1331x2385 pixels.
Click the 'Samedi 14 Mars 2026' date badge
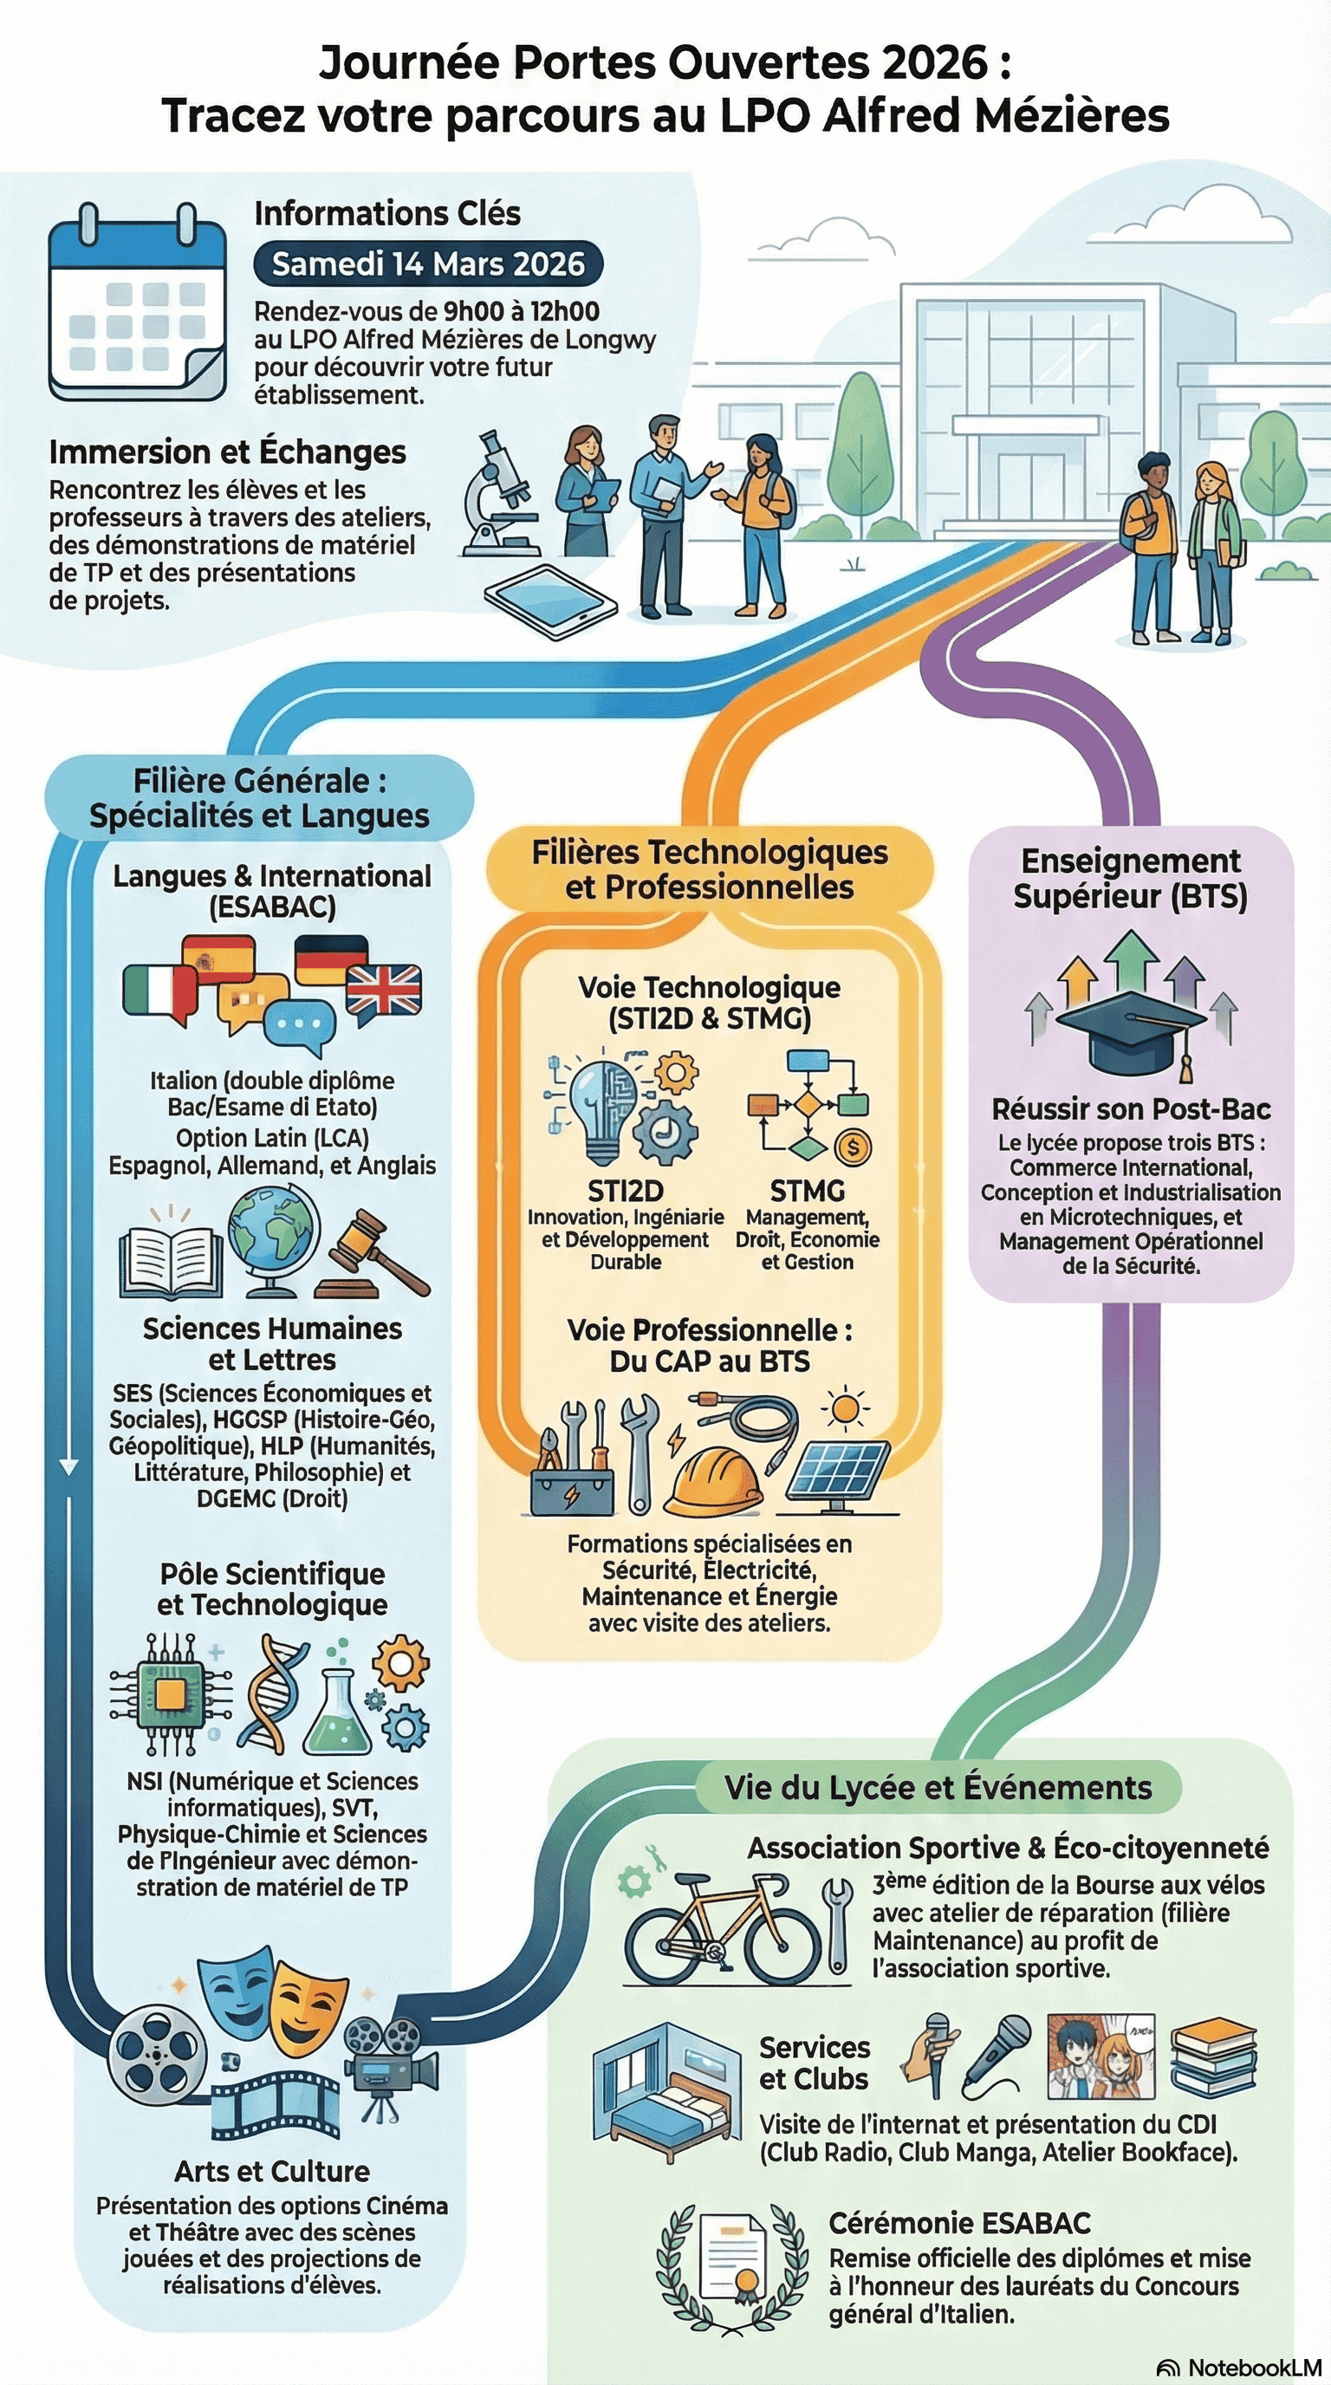(427, 263)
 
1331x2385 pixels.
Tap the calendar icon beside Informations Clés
(137, 306)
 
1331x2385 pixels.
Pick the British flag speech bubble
(383, 991)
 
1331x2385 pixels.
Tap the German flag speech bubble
(330, 960)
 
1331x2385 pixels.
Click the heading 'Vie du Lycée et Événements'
(938, 1788)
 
